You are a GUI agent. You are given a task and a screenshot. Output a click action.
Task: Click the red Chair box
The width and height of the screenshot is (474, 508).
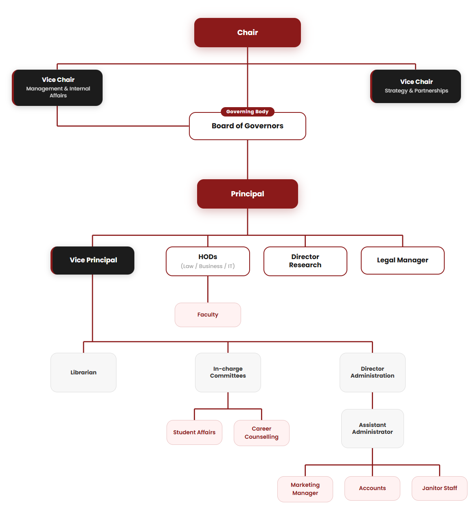coord(247,33)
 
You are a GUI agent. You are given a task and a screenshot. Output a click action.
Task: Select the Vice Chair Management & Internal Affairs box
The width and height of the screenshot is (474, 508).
coord(57,88)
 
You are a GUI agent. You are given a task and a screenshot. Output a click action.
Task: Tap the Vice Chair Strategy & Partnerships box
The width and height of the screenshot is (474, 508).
coord(415,86)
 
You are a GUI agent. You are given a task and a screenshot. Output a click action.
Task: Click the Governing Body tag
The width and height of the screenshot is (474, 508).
coord(247,112)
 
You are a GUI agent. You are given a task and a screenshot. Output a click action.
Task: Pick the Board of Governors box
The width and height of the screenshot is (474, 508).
coord(247,126)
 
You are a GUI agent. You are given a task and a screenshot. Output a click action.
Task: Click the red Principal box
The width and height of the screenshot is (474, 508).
coord(247,194)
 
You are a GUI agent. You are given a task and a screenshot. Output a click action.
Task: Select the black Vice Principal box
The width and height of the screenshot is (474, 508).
coord(92,260)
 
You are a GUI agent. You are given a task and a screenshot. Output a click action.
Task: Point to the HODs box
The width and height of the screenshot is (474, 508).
coord(207,261)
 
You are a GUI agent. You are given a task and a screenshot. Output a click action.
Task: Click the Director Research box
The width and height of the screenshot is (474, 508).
coord(305,261)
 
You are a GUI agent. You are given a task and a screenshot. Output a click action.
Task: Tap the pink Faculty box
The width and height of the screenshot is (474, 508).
coord(207,314)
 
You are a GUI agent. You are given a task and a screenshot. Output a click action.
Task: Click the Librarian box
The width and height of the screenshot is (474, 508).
coord(83,372)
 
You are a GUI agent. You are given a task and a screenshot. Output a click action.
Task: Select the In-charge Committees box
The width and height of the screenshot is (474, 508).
coord(228,372)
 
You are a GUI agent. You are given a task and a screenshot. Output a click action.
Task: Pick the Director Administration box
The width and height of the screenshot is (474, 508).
coord(372,372)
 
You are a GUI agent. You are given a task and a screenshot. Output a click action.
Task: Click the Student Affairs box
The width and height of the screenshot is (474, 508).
coord(194,432)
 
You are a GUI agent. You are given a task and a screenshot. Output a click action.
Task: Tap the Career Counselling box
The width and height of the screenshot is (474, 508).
coord(261,433)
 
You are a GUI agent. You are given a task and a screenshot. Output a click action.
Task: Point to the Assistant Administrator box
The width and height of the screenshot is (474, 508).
coord(372,429)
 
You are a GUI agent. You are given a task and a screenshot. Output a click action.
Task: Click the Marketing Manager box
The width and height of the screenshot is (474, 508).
coord(305,489)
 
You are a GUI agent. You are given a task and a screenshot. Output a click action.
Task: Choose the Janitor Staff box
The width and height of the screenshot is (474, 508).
coord(439,488)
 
